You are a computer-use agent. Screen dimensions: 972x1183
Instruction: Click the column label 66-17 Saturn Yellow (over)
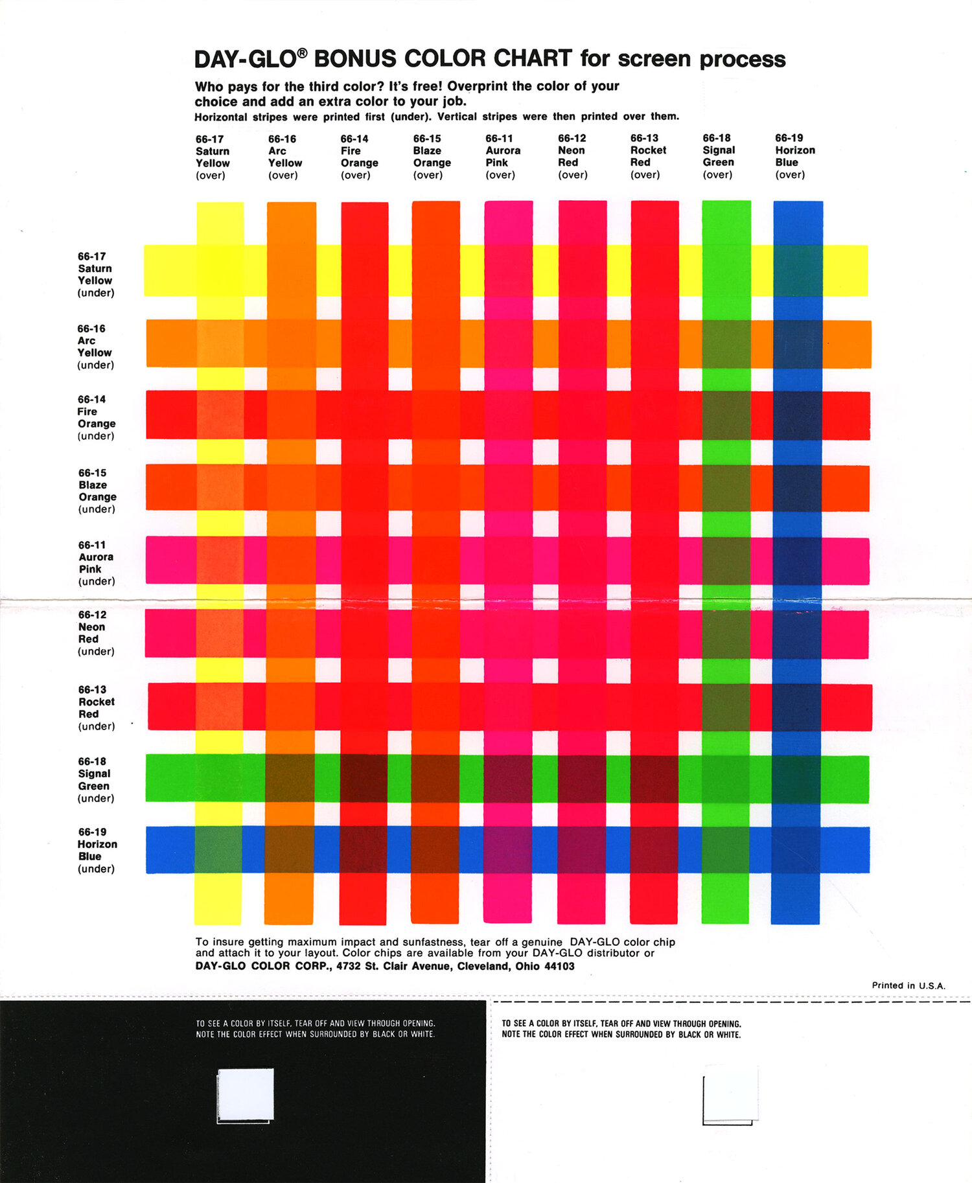pyautogui.click(x=213, y=157)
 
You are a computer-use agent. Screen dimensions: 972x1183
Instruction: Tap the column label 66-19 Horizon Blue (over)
pyautogui.click(x=795, y=156)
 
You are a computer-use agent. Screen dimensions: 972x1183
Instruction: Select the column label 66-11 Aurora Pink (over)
pyautogui.click(x=503, y=156)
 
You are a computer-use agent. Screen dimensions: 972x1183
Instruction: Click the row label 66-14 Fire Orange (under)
pyautogui.click(x=97, y=417)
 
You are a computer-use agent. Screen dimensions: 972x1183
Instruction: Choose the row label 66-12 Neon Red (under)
pyautogui.click(x=96, y=633)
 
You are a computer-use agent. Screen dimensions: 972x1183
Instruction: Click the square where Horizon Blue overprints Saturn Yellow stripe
pyautogui.click(x=798, y=271)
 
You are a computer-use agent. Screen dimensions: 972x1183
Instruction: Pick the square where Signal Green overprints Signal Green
pyautogui.click(x=726, y=779)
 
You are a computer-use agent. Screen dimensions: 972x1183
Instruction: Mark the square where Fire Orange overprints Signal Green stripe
pyautogui.click(x=364, y=779)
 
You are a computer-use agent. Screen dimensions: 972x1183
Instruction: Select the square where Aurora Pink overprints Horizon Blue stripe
pyautogui.click(x=508, y=849)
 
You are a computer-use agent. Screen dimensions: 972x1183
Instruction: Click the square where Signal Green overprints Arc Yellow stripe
pyautogui.click(x=726, y=343)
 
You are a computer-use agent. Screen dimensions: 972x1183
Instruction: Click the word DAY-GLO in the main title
pyautogui.click(x=246, y=59)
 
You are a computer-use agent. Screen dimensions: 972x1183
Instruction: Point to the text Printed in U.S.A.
pyautogui.click(x=908, y=985)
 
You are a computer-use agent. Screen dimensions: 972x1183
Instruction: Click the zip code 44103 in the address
pyautogui.click(x=559, y=966)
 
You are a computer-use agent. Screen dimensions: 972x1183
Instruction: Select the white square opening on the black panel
pyautogui.click(x=246, y=1096)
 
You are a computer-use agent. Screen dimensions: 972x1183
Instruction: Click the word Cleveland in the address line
pyautogui.click(x=483, y=967)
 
